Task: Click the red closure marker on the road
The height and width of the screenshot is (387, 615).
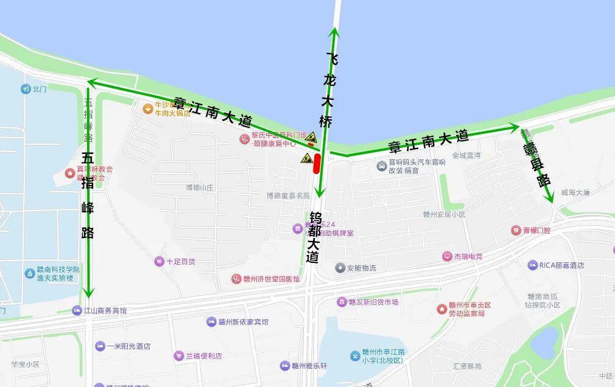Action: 317,164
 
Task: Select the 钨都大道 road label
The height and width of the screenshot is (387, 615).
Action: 314,237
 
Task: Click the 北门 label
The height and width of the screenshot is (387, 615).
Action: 40,89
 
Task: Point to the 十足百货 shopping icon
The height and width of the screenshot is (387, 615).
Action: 159,261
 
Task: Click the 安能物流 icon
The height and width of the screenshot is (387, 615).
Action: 340,268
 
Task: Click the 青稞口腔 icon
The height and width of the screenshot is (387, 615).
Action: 516,231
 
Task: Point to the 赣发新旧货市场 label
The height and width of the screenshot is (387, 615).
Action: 373,302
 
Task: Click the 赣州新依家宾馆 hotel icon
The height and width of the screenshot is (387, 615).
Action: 211,321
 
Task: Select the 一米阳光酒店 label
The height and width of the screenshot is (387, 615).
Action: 128,346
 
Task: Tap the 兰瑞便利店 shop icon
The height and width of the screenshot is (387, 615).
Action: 179,355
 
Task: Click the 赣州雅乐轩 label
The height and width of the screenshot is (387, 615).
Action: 309,366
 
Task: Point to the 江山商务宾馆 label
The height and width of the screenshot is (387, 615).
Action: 106,310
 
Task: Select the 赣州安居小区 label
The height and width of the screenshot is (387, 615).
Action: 444,214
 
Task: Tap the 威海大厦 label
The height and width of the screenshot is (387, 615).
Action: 575,192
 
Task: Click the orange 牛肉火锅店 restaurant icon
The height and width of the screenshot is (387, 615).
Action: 147,109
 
